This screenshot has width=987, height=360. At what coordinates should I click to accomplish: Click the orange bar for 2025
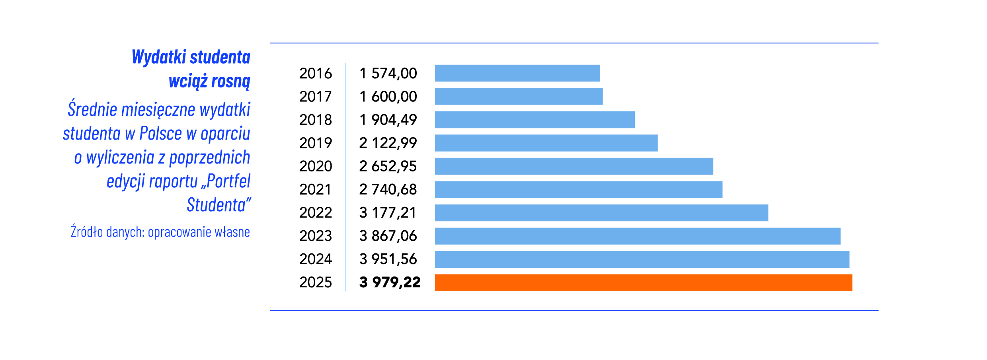(643, 282)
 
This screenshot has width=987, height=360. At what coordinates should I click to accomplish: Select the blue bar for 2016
(517, 73)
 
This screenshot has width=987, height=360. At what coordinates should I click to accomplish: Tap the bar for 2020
(573, 166)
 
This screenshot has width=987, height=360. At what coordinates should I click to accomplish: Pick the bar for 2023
(637, 236)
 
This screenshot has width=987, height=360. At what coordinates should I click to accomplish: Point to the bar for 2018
(534, 120)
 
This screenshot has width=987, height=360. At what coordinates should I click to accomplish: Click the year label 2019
(315, 143)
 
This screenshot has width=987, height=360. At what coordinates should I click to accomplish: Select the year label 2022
(315, 213)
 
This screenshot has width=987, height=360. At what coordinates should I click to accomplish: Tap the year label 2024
(315, 259)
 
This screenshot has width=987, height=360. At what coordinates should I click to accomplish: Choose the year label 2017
(315, 97)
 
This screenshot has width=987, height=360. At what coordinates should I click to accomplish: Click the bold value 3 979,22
(390, 282)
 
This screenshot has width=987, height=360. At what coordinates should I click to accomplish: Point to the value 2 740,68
(388, 190)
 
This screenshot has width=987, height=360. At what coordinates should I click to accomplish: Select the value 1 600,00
(388, 97)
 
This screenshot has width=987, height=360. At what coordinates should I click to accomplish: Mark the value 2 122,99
(388, 143)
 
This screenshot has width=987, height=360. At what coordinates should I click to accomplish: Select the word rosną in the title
(230, 82)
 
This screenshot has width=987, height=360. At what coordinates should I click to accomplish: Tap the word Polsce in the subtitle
(160, 134)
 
